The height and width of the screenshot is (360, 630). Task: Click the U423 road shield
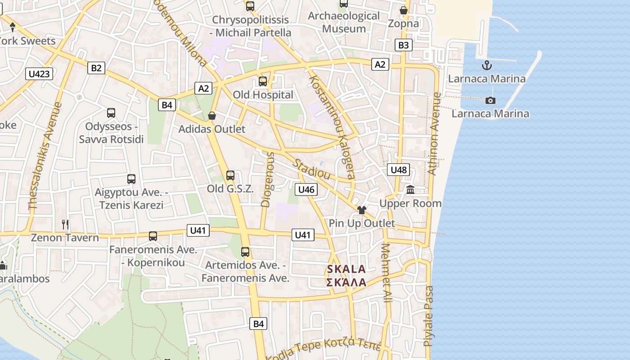[x=39, y=74]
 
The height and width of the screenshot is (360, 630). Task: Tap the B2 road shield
[x=96, y=68]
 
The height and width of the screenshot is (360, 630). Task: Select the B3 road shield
[x=404, y=45]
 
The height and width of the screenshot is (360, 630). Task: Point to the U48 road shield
[x=398, y=170]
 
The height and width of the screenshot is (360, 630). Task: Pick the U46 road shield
[x=306, y=189]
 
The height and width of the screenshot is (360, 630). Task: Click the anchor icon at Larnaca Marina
[x=486, y=66]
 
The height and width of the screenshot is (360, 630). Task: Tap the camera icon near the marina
[x=490, y=100]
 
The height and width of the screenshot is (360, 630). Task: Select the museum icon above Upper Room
[x=410, y=190]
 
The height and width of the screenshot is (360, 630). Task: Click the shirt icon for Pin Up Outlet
[x=362, y=210]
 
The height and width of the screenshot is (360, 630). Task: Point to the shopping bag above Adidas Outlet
[x=212, y=116]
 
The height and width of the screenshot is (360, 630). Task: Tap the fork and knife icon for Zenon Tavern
[x=65, y=224]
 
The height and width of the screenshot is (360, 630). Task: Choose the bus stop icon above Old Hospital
[x=263, y=81]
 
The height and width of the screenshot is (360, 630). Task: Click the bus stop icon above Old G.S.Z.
[x=230, y=175]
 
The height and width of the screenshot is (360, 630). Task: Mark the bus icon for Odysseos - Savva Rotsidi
[x=111, y=113]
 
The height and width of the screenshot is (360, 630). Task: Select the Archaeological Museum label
[x=344, y=22]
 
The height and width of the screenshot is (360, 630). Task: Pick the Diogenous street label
[x=267, y=180]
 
